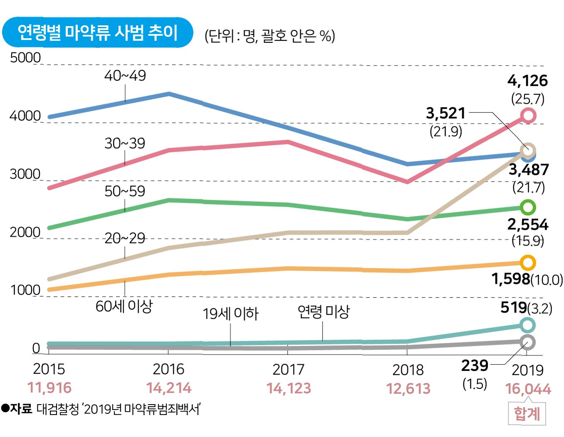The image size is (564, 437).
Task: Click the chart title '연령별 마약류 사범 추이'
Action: click(98, 32)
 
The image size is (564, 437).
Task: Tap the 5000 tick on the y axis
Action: click(25, 58)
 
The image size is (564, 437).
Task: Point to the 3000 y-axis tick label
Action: click(25, 174)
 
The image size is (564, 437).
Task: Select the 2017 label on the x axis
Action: click(288, 369)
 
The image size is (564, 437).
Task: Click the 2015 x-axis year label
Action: click(49, 369)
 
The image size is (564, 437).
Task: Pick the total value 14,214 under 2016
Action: click(169, 388)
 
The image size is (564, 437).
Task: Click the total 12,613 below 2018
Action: click(408, 388)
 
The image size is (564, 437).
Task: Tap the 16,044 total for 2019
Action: click(528, 389)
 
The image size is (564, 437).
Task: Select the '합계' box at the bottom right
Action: click(527, 414)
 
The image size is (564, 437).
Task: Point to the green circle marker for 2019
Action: click(527, 207)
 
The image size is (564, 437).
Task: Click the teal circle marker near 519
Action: click(527, 325)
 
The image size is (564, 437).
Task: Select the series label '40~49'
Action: click(125, 76)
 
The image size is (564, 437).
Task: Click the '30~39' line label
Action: click(125, 143)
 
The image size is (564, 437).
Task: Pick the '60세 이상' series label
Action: click(124, 306)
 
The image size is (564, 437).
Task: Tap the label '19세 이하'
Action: click(231, 314)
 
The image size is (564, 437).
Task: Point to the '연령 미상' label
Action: click(324, 312)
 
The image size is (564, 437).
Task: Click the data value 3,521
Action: click(446, 113)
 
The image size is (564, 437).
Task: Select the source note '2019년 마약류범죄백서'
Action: click(142, 409)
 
